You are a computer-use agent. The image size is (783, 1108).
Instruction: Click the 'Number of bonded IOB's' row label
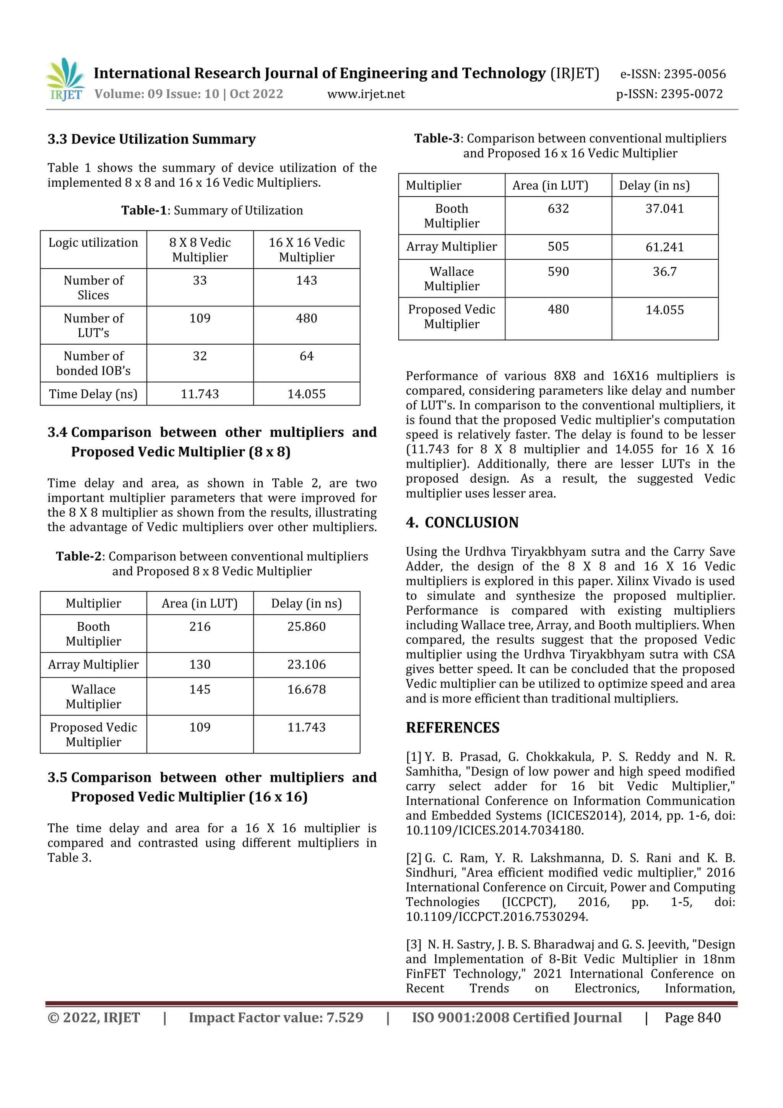click(x=93, y=363)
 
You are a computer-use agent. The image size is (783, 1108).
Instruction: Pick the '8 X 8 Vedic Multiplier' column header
click(x=200, y=249)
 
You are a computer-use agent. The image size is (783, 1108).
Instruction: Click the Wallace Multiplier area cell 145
click(x=200, y=689)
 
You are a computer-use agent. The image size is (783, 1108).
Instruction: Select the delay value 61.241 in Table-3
click(x=664, y=247)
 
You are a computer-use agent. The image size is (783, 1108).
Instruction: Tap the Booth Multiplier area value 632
click(x=558, y=208)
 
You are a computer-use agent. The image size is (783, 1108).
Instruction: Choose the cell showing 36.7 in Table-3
click(x=664, y=272)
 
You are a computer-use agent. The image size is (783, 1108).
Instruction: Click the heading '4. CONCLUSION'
click(x=462, y=522)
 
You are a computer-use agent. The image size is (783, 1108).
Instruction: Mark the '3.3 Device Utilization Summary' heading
click(x=151, y=139)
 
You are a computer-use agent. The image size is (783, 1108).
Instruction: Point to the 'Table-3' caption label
click(x=437, y=138)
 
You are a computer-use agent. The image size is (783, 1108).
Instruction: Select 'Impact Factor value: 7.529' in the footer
click(x=276, y=1017)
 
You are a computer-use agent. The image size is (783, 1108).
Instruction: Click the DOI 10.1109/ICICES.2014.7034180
click(x=494, y=830)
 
